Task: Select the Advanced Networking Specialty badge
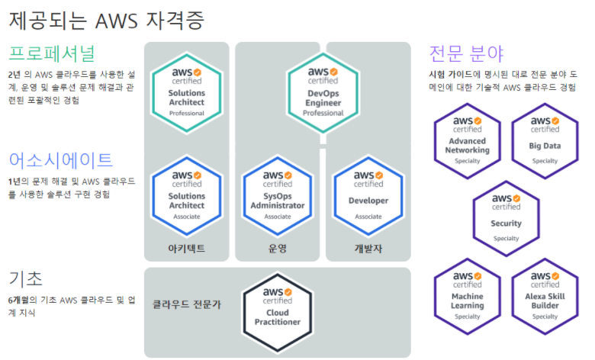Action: [468, 139]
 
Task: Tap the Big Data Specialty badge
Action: [545, 139]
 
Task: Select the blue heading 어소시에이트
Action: [60, 160]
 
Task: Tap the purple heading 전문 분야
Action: [466, 54]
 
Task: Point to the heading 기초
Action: [25, 278]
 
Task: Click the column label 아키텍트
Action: [187, 249]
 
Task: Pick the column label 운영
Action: [278, 249]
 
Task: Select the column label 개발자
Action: [368, 249]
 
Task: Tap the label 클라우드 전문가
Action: [187, 303]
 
